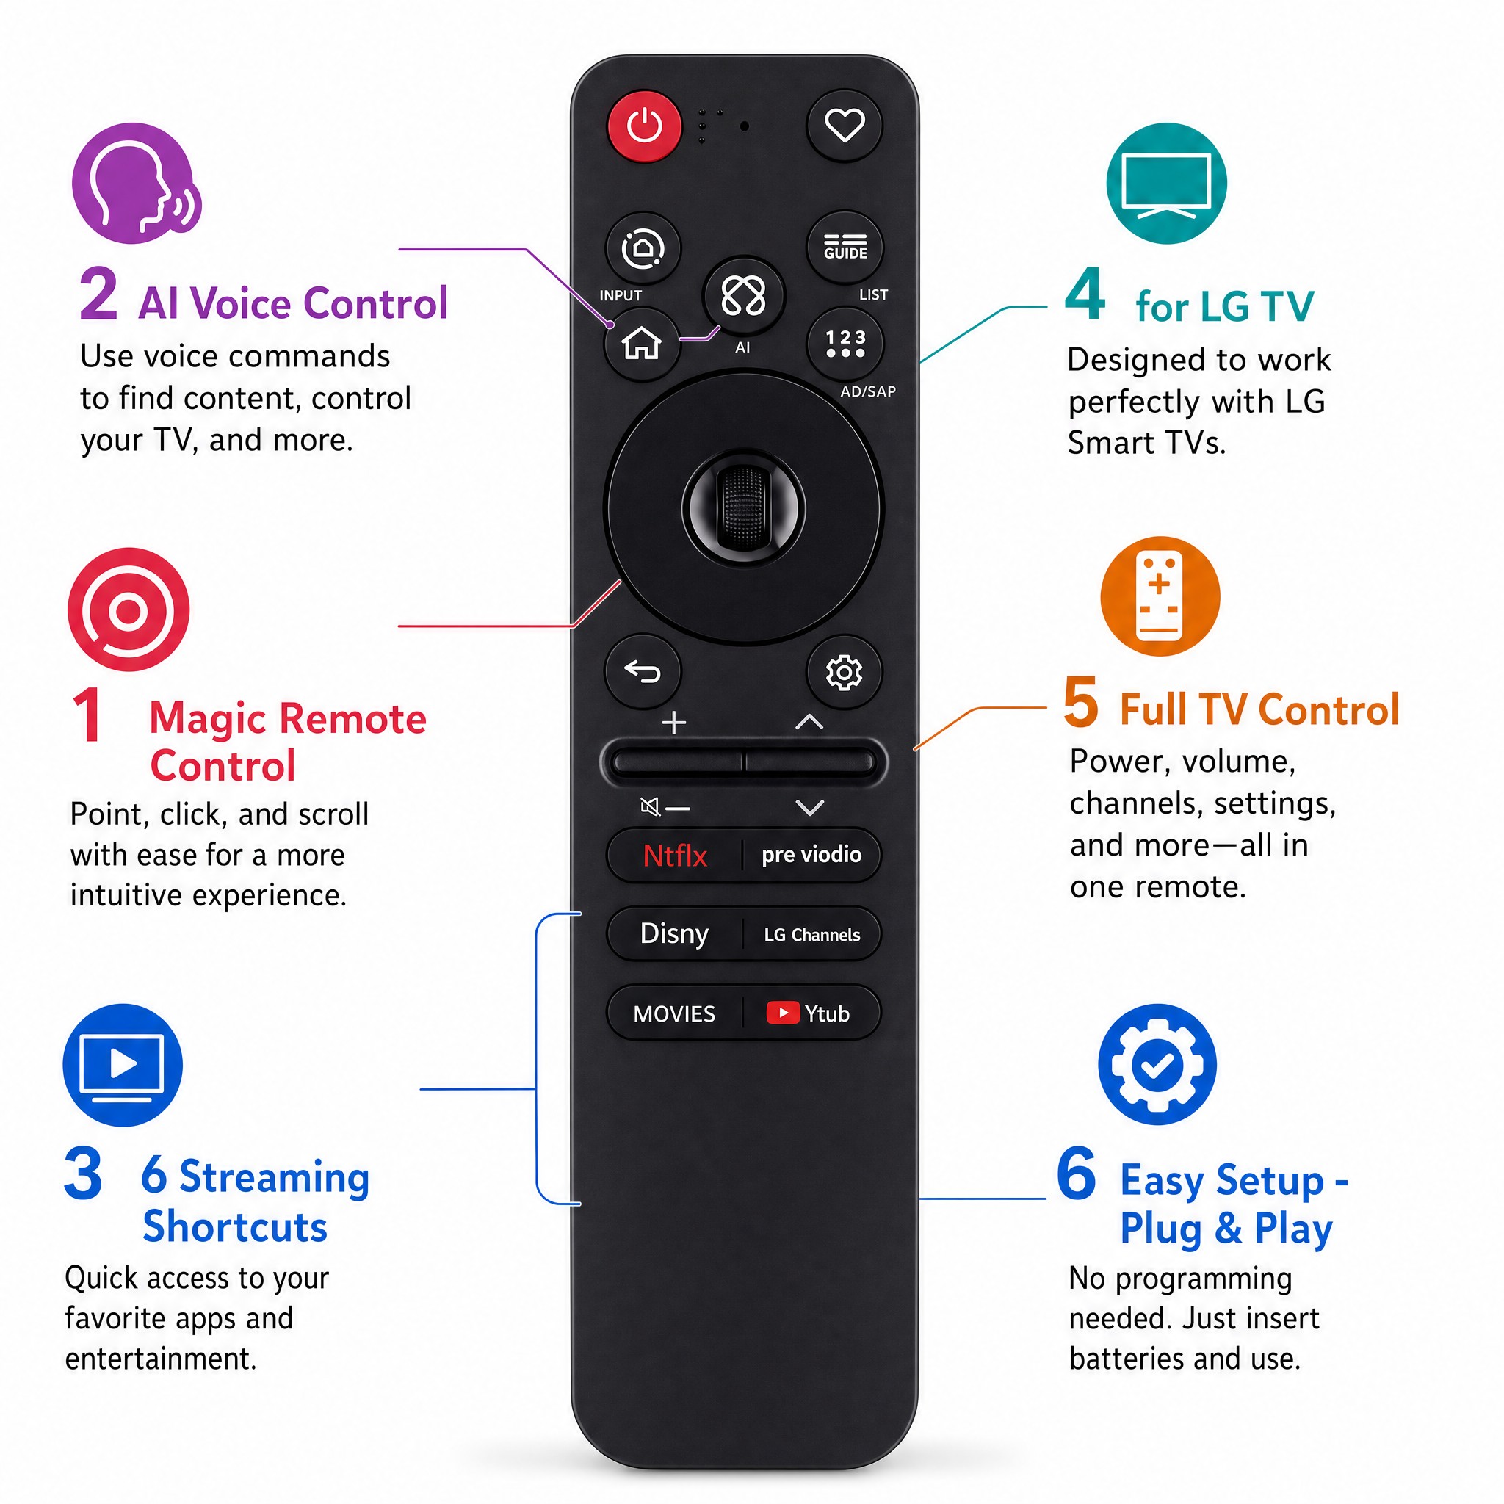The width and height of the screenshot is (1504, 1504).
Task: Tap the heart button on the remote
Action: (x=845, y=126)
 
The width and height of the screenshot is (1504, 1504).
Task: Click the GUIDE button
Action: (x=845, y=247)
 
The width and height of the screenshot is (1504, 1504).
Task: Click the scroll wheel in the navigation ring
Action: (x=743, y=507)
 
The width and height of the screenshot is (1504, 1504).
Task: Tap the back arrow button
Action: (x=643, y=671)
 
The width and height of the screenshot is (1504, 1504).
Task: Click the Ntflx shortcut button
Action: (x=674, y=856)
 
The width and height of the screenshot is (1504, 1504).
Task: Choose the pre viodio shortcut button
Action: (x=812, y=856)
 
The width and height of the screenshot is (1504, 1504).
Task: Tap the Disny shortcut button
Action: (x=674, y=933)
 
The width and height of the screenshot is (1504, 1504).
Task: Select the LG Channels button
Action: (x=812, y=934)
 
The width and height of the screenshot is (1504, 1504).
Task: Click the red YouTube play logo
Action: (x=782, y=1012)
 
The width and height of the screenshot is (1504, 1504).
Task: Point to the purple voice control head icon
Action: (x=137, y=184)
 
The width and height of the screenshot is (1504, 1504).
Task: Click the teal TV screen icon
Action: (x=1166, y=183)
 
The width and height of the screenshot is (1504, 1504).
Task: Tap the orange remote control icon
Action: (x=1160, y=596)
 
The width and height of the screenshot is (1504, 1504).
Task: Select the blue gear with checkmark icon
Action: (x=1157, y=1064)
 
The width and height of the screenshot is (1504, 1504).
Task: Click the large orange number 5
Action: (x=1080, y=702)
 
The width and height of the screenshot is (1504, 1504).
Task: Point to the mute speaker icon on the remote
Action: (x=649, y=806)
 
